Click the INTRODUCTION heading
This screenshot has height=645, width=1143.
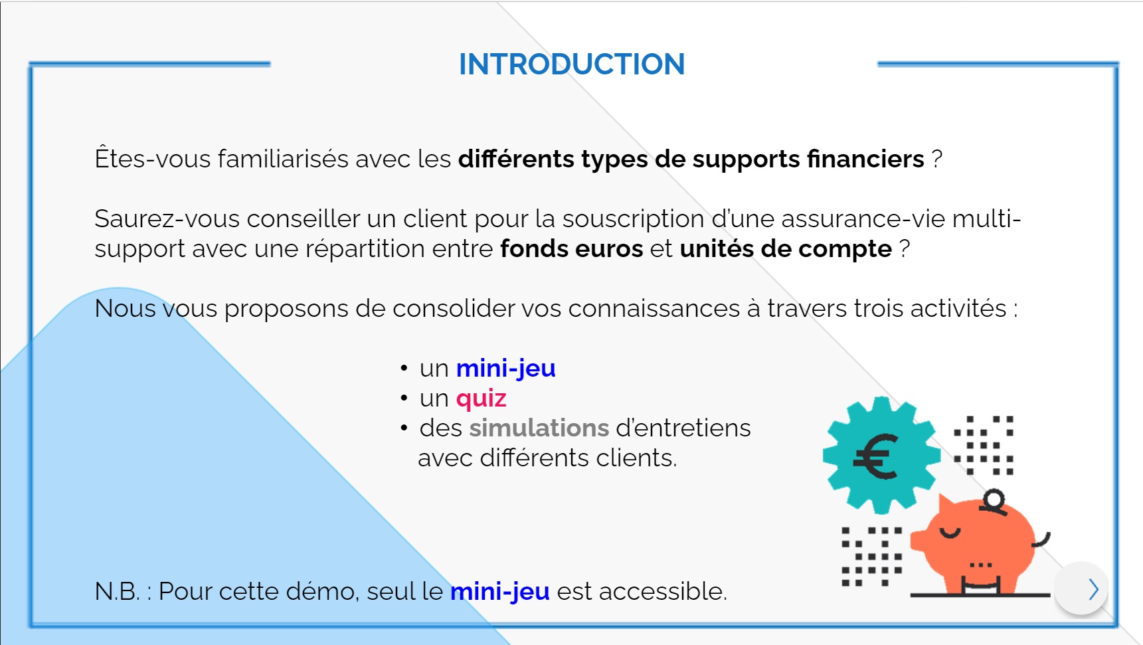(572, 64)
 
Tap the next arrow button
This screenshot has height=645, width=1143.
(1081, 589)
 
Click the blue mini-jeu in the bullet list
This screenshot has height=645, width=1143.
(506, 369)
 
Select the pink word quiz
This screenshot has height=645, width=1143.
(482, 399)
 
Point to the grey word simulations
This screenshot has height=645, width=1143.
(539, 428)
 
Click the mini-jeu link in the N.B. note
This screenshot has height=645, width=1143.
(500, 591)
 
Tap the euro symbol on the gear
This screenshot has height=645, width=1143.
(876, 456)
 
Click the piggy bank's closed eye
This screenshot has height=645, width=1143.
(950, 532)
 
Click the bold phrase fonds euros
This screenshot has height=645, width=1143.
(572, 249)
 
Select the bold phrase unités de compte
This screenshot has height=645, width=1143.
(786, 249)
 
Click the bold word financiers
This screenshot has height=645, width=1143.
(865, 159)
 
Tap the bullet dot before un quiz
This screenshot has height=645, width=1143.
(404, 399)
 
